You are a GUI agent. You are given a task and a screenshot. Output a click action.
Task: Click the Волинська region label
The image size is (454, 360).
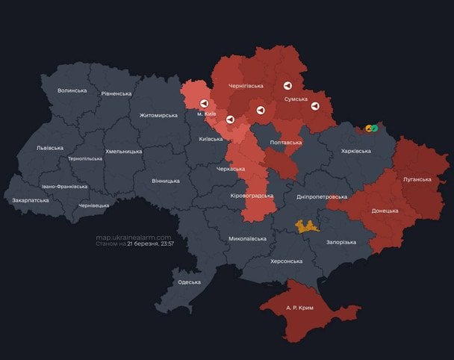(x=72, y=90)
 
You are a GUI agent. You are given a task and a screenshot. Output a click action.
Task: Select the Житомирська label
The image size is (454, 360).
(x=158, y=115)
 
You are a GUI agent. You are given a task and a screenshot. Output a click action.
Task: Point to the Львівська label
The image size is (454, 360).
(x=50, y=148)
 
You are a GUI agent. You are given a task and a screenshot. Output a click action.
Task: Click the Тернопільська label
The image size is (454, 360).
(x=84, y=158)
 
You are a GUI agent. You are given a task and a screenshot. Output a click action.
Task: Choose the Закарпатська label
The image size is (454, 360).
(x=31, y=199)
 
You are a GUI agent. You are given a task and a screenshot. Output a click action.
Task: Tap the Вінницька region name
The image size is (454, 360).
(x=165, y=181)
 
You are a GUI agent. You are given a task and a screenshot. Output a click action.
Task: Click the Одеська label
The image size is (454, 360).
(x=188, y=282)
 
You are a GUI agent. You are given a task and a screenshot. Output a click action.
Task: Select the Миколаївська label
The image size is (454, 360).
(x=247, y=239)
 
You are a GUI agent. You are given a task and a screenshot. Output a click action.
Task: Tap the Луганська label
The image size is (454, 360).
(x=417, y=179)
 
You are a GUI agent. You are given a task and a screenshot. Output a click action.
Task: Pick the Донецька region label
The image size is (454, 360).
(x=385, y=211)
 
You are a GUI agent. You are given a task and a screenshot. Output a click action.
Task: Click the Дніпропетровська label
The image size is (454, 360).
(x=322, y=196)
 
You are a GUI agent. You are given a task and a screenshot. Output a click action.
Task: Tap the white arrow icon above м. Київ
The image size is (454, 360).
(x=204, y=104)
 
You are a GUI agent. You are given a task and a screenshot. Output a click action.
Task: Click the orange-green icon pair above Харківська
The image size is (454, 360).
(x=371, y=128)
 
